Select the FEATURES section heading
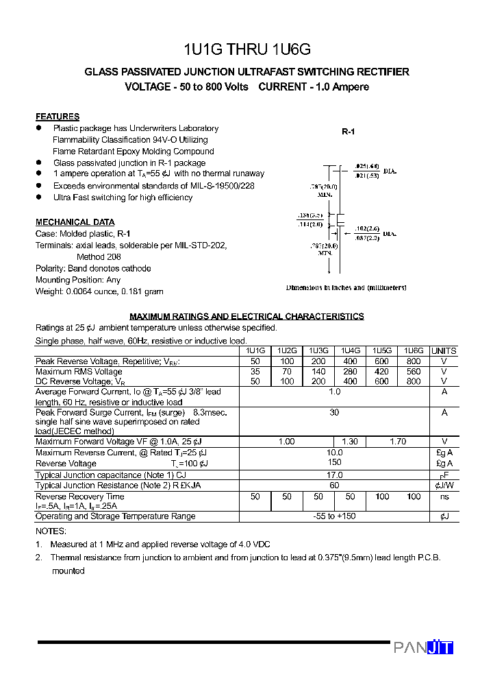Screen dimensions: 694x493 coord(58,117)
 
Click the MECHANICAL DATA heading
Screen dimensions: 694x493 coord(75,222)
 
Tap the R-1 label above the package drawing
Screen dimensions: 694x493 coord(348,132)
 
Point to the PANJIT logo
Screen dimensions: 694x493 coord(423,647)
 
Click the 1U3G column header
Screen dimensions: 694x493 coord(318,350)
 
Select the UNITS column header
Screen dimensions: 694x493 coord(444,350)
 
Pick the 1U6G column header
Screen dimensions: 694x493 coord(413,350)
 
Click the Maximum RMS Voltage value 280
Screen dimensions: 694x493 coord(350,372)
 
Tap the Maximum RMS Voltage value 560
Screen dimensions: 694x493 coord(413,372)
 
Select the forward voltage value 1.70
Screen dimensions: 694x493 coord(397,442)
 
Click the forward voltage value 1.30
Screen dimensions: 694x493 coord(349,442)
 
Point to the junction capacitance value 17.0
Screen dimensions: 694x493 coord(334,475)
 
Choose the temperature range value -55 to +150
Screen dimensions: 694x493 coord(334,516)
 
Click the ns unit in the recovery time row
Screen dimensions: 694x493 coord(444,496)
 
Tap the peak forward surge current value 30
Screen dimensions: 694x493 coord(334,413)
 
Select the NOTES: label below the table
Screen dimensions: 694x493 coord(51,531)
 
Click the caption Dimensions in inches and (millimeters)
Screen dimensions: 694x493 coord(346,288)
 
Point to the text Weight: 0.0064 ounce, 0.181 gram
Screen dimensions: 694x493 coord(99,291)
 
